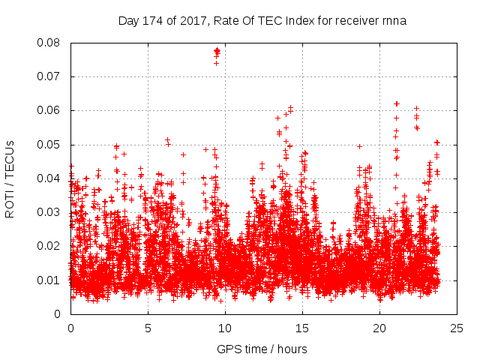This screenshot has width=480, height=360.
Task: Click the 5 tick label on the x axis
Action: pyautogui.click(x=148, y=328)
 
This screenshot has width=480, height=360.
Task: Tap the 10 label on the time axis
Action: pyautogui.click(x=225, y=328)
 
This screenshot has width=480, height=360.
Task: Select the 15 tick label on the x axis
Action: pyautogui.click(x=302, y=328)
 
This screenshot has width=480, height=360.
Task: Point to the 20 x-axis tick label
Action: pyautogui.click(x=379, y=328)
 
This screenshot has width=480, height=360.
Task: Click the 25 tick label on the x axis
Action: pyautogui.click(x=457, y=328)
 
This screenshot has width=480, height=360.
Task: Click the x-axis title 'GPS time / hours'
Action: pyautogui.click(x=262, y=349)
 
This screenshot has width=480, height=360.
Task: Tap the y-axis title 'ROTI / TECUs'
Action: pyautogui.click(x=10, y=178)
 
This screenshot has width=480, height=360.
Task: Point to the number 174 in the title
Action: pyautogui.click(x=151, y=20)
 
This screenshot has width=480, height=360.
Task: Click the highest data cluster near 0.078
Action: pyautogui.click(x=217, y=52)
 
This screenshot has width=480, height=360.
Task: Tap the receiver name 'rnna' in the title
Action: pyautogui.click(x=394, y=20)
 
